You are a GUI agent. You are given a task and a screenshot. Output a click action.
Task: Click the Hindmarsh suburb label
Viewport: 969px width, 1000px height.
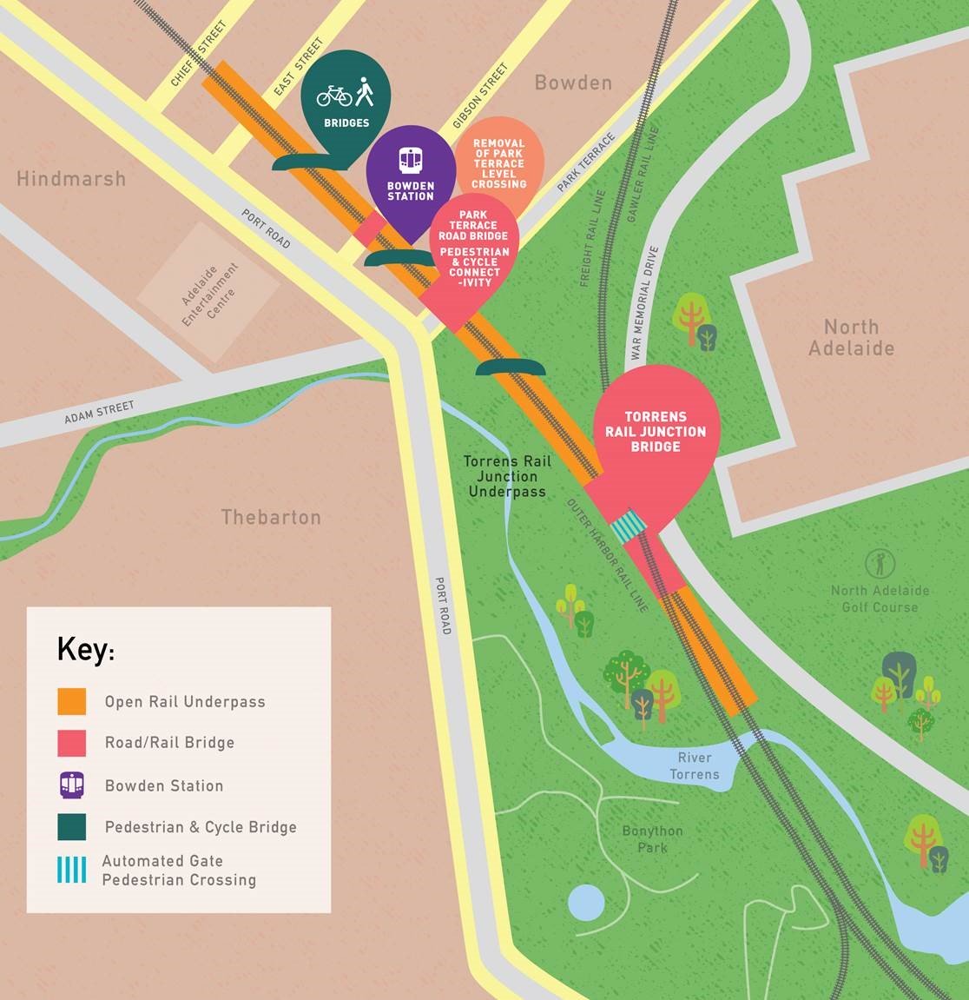[x=71, y=179]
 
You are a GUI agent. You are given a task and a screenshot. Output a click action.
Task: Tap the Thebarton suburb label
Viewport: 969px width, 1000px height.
[x=271, y=518]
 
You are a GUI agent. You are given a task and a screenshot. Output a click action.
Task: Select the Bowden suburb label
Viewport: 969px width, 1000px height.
[x=573, y=83]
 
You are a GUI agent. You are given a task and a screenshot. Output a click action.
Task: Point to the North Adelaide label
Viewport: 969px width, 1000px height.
[x=851, y=338]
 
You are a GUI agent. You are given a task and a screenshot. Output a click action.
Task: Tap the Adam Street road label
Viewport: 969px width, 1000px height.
[x=99, y=414]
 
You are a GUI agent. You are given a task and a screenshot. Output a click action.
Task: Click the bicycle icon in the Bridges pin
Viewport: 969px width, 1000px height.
[x=334, y=95]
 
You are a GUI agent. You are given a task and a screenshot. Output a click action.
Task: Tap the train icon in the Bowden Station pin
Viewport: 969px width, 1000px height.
[x=410, y=160]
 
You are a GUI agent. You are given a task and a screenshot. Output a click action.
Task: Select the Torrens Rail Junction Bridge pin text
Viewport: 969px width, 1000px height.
[x=656, y=432]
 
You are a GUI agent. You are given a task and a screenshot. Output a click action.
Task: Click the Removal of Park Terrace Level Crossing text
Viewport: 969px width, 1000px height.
[x=499, y=163]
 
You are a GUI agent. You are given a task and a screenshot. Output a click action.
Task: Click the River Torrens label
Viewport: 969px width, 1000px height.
[x=695, y=765]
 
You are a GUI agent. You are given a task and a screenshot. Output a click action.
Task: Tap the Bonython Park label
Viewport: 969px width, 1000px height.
[x=652, y=838]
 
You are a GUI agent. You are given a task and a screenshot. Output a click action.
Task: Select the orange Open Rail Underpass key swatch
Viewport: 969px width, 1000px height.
[x=72, y=701]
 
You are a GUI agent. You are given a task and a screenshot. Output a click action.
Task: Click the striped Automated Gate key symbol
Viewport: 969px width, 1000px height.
[x=72, y=870]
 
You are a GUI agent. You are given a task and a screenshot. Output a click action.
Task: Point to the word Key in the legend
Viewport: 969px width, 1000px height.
[x=84, y=649]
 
